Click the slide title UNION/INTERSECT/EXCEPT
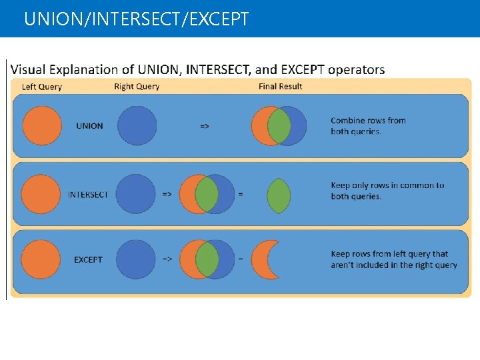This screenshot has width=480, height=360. point(136,19)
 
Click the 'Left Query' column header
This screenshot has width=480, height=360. point(42,87)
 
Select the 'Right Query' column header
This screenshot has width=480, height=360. point(137,87)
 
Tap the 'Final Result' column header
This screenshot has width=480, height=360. point(281,87)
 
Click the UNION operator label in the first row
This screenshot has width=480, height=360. point(89,126)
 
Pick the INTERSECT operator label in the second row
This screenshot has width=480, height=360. point(88,195)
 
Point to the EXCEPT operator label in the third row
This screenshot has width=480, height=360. point(88,259)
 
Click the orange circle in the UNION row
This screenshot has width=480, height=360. point(41,125)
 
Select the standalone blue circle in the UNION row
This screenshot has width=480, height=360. point(137,126)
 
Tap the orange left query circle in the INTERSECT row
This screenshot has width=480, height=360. point(41,194)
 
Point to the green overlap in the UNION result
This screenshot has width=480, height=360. point(279,126)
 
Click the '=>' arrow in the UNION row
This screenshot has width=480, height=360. point(205,126)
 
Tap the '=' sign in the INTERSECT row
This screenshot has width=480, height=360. point(241,195)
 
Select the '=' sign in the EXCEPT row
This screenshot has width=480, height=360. point(241,259)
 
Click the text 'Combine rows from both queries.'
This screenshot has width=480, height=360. point(368,126)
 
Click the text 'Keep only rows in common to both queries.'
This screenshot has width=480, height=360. point(387,191)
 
